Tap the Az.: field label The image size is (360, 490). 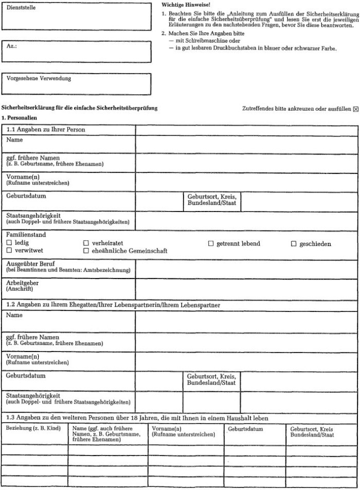(x=12, y=45)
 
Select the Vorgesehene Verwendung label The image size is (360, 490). (x=39, y=79)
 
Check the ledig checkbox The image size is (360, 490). (x=8, y=243)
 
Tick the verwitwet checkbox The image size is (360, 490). (x=8, y=251)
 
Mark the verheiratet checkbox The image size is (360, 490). (x=86, y=243)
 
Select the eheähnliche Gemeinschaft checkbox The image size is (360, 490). (x=86, y=251)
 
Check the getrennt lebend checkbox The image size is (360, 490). (x=210, y=243)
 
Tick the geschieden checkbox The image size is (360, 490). (x=294, y=243)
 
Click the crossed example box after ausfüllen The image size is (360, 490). (x=355, y=109)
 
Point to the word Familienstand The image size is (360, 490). (x=26, y=235)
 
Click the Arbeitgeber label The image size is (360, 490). (x=22, y=283)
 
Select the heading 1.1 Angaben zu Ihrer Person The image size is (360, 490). (x=46, y=129)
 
